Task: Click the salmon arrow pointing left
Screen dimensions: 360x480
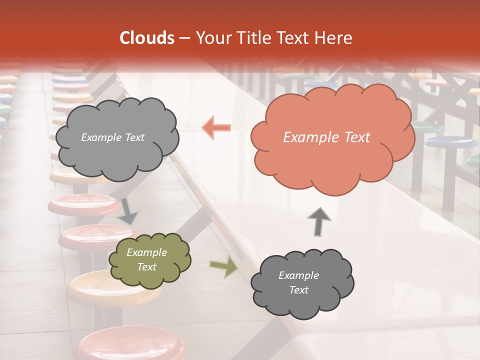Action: [216, 127]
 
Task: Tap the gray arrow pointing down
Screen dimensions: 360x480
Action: [128, 210]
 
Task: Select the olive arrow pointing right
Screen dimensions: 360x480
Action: [223, 267]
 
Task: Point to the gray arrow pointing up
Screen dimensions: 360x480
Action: [319, 221]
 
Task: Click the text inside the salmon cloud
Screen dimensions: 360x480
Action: [326, 137]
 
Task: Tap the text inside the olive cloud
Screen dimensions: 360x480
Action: [146, 260]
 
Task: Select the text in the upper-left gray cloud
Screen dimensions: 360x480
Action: [112, 137]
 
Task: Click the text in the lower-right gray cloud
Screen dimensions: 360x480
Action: [298, 282]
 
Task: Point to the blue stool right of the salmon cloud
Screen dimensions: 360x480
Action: [450, 141]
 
